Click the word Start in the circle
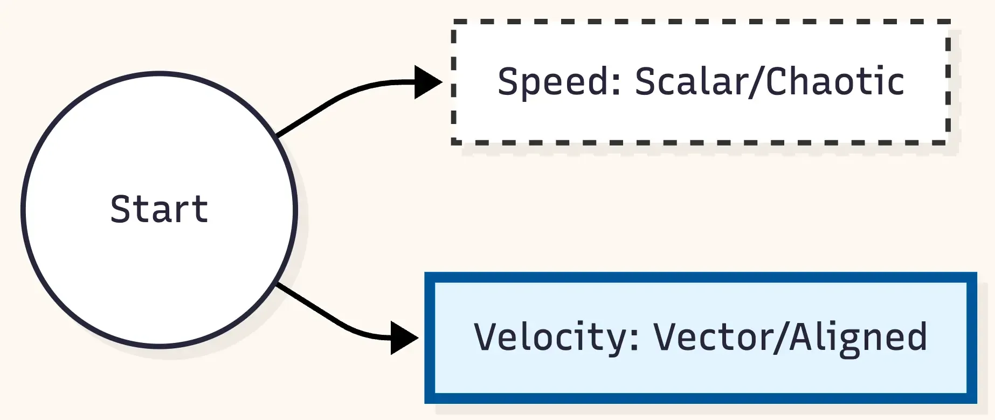pyautogui.click(x=159, y=209)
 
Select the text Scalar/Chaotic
pyautogui.click(x=770, y=82)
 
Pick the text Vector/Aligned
pyautogui.click(x=790, y=337)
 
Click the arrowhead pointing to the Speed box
pyautogui.click(x=427, y=82)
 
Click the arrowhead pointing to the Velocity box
pyautogui.click(x=404, y=338)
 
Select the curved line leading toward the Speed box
pyautogui.click(x=334, y=100)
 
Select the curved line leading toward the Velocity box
pyautogui.click(x=334, y=320)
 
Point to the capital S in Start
pyautogui.click(x=121, y=209)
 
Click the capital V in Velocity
pyautogui.click(x=486, y=337)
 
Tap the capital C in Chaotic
pyautogui.click(x=777, y=82)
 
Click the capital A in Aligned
pyautogui.click(x=802, y=337)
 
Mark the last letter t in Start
pyautogui.click(x=202, y=209)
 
